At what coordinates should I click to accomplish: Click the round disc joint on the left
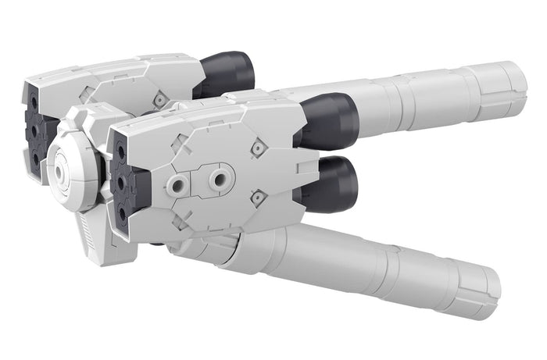tap(72, 165)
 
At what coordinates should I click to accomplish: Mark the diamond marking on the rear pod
tap(159, 99)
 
